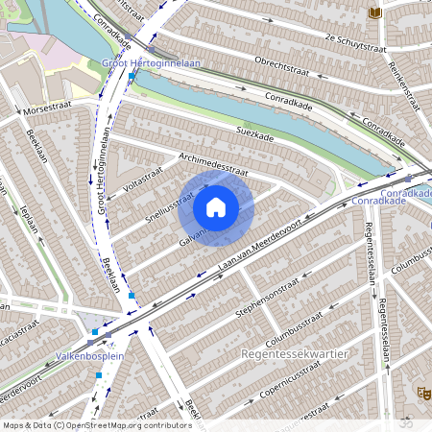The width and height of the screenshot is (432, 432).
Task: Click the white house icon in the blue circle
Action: (216, 206)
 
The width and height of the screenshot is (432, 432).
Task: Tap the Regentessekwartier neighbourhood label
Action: (291, 354)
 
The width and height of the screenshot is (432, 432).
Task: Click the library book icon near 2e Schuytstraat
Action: (374, 12)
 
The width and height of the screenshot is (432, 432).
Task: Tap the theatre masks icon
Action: (422, 391)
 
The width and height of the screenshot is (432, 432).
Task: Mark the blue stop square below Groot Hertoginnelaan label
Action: (132, 75)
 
